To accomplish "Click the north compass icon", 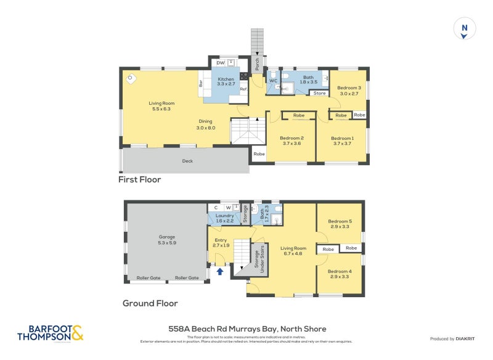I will pyautogui.click(x=465, y=29).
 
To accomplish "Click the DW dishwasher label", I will pyautogui.click(x=221, y=63).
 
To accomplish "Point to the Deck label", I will pyautogui.click(x=187, y=161).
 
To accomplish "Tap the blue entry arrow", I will pyautogui.click(x=220, y=271).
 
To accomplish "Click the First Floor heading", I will pyautogui.click(x=140, y=180).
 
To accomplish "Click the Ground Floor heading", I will pyautogui.click(x=150, y=303).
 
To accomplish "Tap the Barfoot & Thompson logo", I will pyautogui.click(x=49, y=334).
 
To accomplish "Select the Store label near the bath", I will pyautogui.click(x=319, y=93).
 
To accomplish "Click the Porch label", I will pyautogui.click(x=258, y=63).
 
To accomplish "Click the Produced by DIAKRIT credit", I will pyautogui.click(x=452, y=338).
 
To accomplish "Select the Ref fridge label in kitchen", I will pyautogui.click(x=243, y=89).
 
